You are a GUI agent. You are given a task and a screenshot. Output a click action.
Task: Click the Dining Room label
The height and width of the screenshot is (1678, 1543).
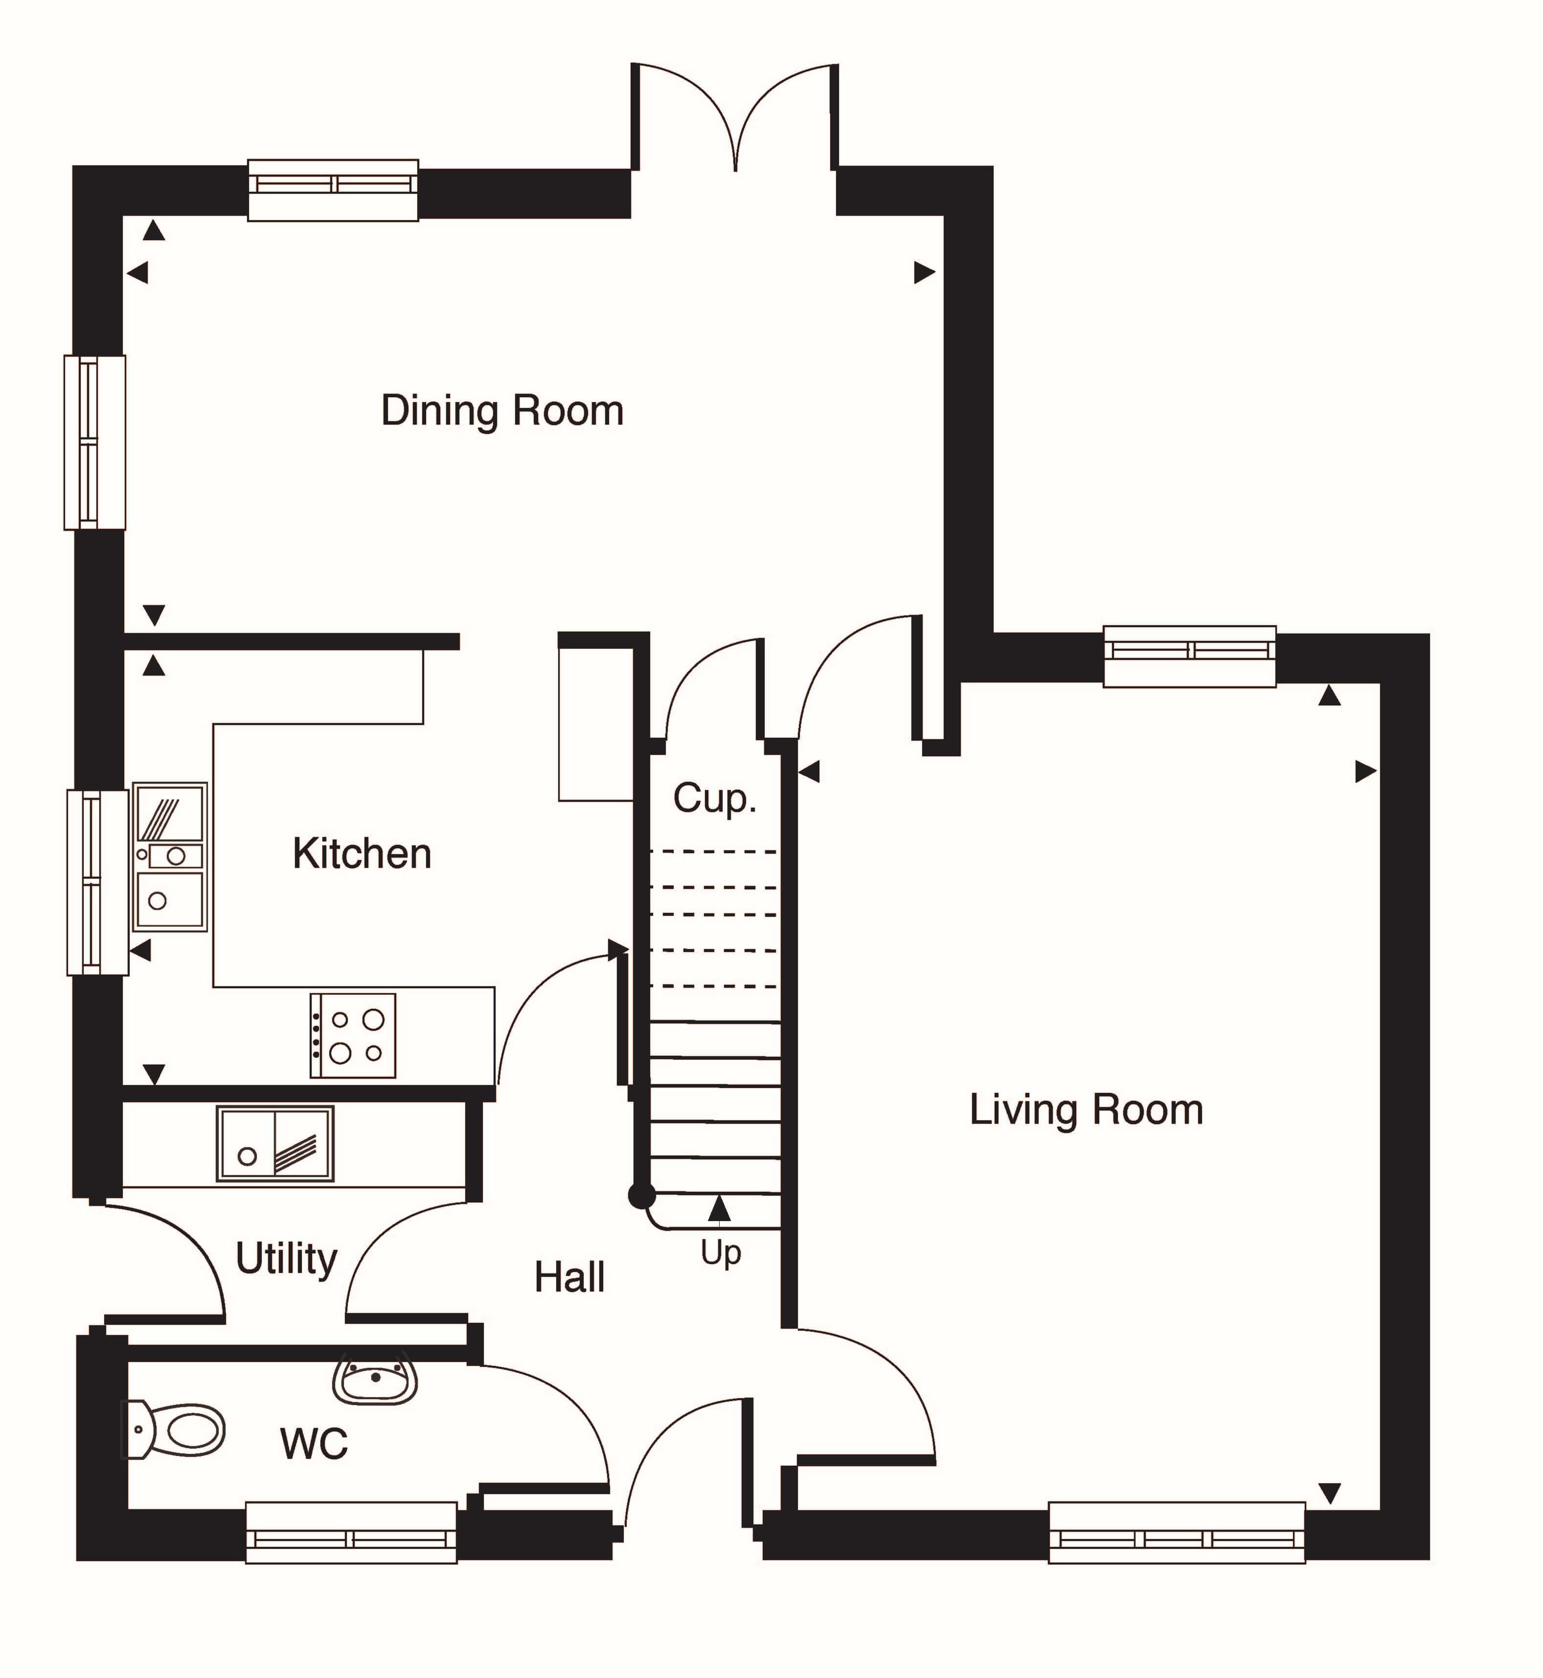coord(502,411)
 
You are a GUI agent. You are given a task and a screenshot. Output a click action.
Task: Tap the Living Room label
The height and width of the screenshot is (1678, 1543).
coord(1086,1111)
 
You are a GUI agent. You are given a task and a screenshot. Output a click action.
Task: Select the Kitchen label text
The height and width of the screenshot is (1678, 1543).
coord(362,854)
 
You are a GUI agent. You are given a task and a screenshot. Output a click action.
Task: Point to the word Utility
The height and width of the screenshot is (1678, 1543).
coord(286,1259)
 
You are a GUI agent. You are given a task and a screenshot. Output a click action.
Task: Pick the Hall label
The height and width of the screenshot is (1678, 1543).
coord(569,1277)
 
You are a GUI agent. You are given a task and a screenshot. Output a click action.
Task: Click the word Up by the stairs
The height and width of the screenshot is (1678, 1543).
coord(721,1253)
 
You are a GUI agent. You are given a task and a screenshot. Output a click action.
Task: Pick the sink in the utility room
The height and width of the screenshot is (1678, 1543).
coord(275,1144)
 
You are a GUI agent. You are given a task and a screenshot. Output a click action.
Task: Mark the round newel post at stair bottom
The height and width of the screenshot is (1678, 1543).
coord(641,1196)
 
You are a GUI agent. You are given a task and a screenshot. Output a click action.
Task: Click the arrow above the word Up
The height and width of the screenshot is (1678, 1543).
coord(719,1207)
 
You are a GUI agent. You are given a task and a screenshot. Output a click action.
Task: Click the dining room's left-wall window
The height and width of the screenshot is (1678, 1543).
coord(94,442)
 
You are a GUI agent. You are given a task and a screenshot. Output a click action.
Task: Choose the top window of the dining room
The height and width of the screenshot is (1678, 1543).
coord(332,190)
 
